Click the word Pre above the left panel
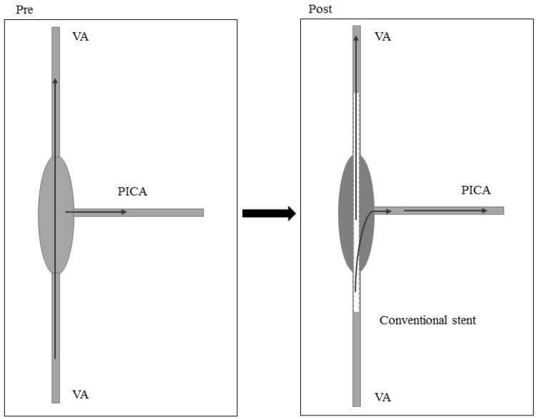(x=14, y=9)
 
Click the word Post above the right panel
(x=319, y=9)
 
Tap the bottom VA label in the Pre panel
(x=81, y=394)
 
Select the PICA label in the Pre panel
(x=132, y=191)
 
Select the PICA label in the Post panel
(x=476, y=191)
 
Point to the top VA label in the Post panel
(x=382, y=36)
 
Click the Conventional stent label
(x=427, y=320)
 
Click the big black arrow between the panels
(x=269, y=213)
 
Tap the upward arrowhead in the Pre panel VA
(x=56, y=82)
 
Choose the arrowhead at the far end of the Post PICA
(x=485, y=210)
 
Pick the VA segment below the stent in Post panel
(x=356, y=358)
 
